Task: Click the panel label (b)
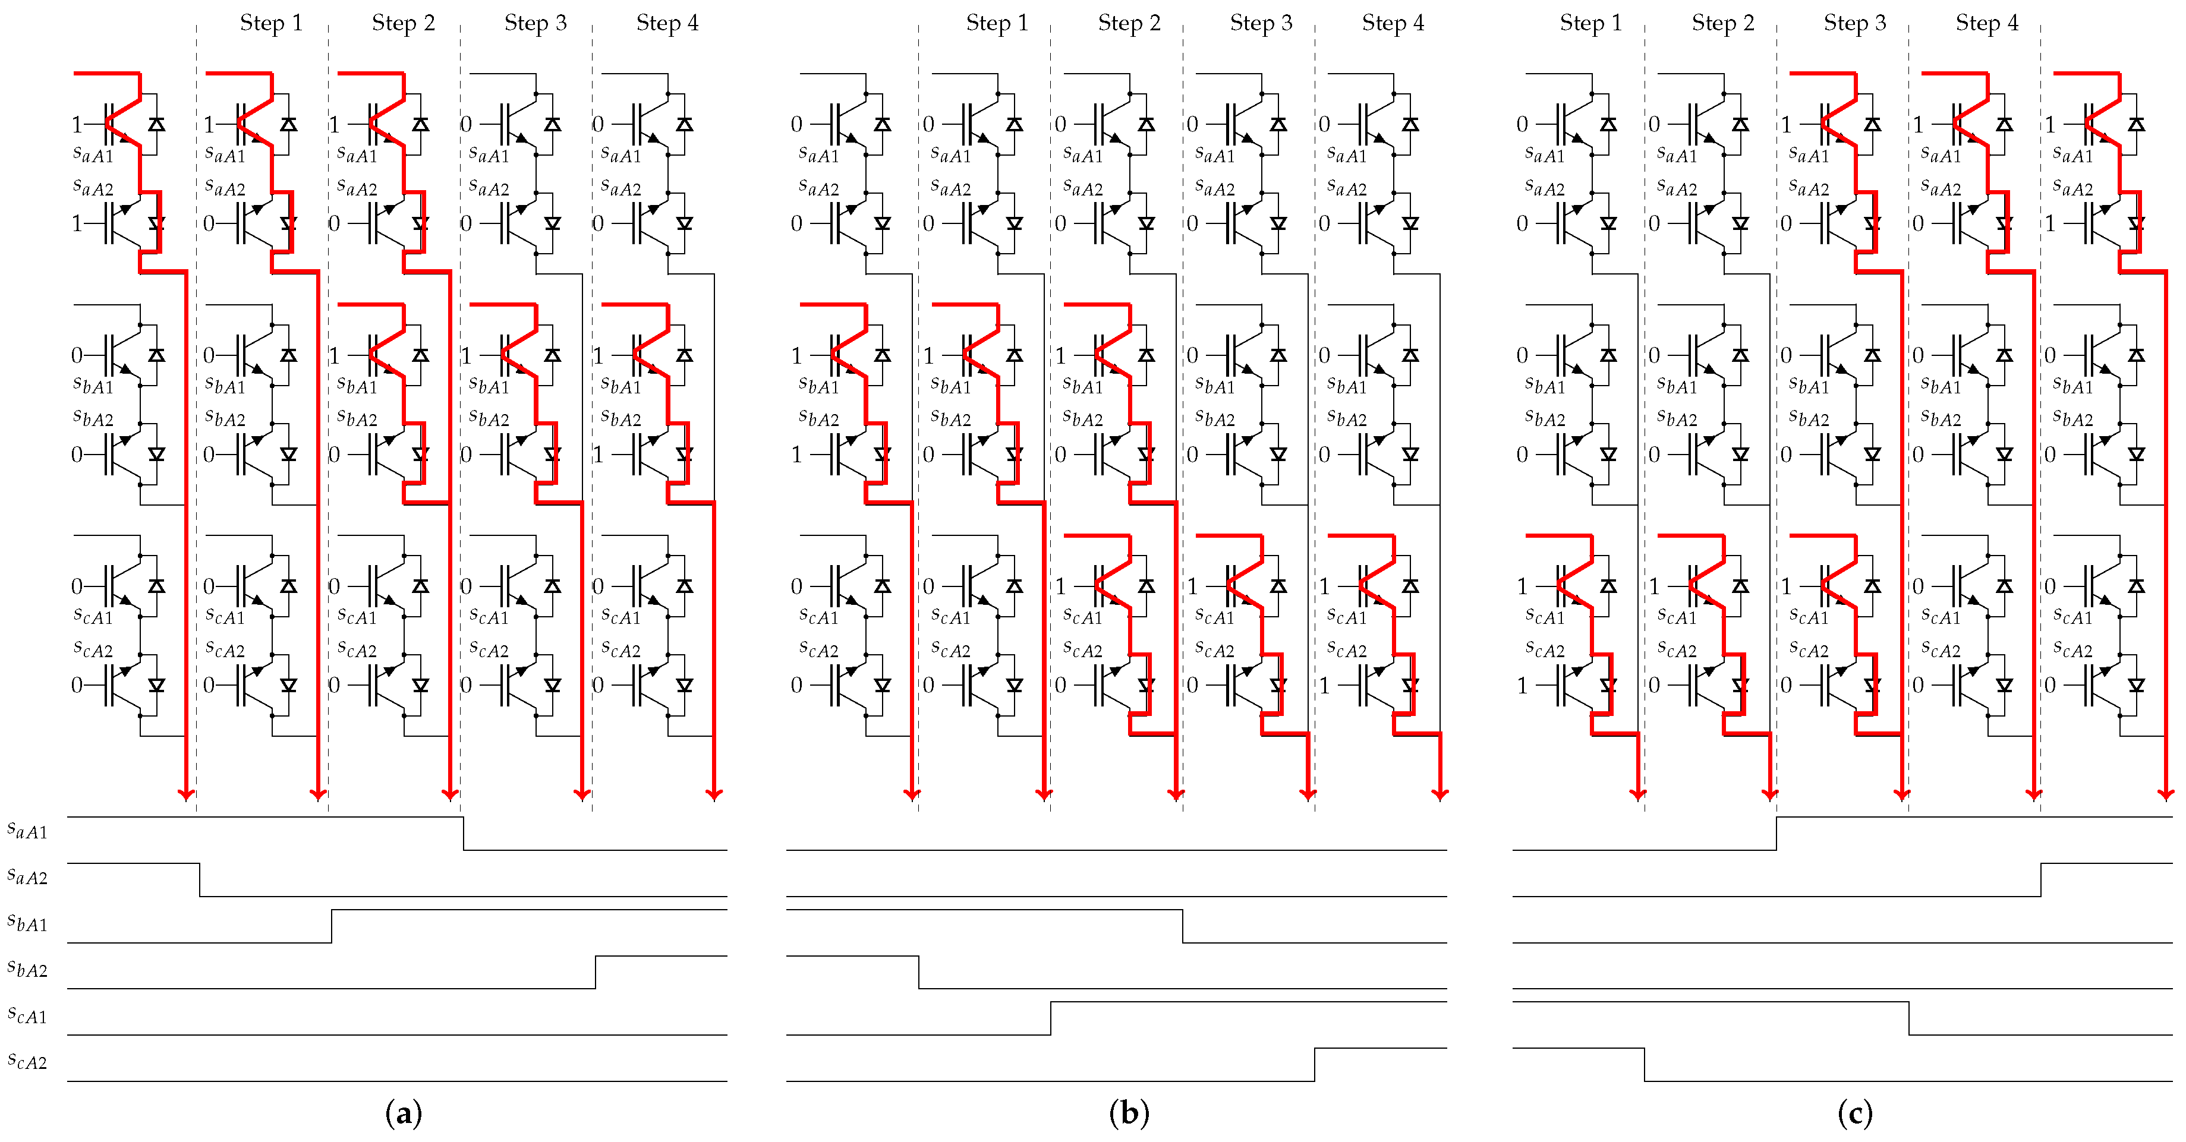tap(1129, 1113)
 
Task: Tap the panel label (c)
tap(1854, 1113)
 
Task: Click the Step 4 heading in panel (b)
tap(1393, 23)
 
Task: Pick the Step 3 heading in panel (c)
tap(1854, 23)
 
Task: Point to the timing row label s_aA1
tap(27, 831)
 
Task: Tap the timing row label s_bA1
tap(27, 923)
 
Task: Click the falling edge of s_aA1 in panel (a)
tap(464, 833)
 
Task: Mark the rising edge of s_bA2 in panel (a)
tap(596, 972)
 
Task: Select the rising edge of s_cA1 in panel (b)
tap(1051, 1018)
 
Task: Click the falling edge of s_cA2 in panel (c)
tap(1645, 1065)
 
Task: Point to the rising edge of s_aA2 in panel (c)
tap(2041, 880)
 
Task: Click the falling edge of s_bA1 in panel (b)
tap(1183, 926)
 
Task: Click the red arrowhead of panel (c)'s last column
tap(2166, 794)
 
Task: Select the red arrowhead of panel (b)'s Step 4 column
tap(1440, 794)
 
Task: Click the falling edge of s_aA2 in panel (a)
tap(200, 880)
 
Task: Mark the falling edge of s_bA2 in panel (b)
tap(919, 972)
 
